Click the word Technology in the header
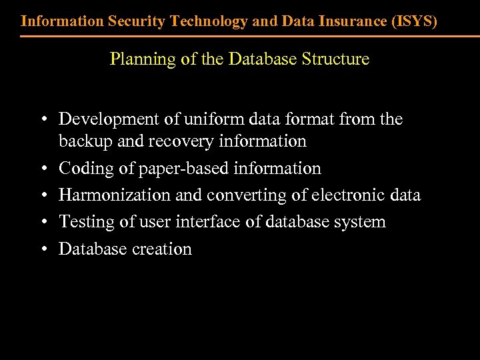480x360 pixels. (209, 21)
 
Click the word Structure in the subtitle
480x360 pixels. (335, 59)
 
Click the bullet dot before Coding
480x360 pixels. (43, 169)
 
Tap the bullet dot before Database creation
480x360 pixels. (43, 249)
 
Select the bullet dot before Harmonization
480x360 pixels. (43, 195)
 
